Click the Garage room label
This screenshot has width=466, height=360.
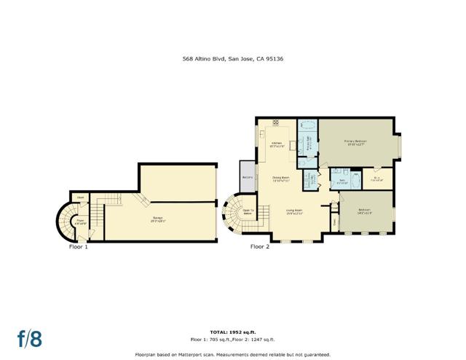pyautogui.click(x=157, y=220)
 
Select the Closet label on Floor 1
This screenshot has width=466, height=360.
pyautogui.click(x=78, y=196)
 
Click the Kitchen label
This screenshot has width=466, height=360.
pyautogui.click(x=277, y=144)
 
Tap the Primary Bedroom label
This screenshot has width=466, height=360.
pyautogui.click(x=355, y=142)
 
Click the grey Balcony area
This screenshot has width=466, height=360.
pyautogui.click(x=247, y=176)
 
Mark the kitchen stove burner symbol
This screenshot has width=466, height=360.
pyautogui.click(x=275, y=122)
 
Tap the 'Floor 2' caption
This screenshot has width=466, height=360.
pyautogui.click(x=260, y=247)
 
